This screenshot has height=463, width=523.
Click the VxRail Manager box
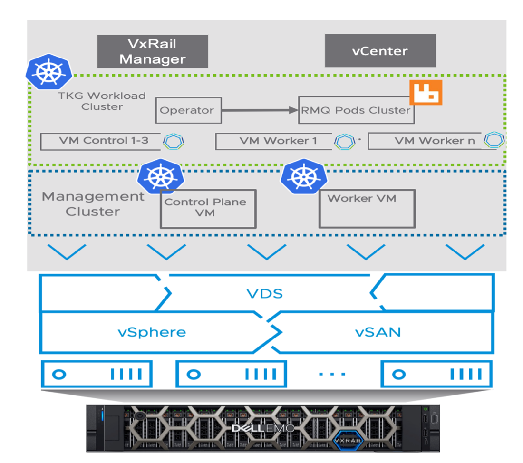153,51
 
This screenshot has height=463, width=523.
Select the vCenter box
380,51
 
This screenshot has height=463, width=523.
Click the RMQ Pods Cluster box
356,110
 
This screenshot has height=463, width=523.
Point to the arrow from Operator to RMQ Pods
260,110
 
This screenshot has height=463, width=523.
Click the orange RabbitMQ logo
426,92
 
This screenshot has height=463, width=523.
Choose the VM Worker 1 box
273,141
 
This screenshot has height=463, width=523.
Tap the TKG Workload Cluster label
102,101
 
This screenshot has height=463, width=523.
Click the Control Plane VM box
208,208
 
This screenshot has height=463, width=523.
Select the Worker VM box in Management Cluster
367,208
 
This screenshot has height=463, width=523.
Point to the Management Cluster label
93,204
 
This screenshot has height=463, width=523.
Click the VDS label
265,293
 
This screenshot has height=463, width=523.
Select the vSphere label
152,332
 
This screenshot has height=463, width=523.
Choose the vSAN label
378,332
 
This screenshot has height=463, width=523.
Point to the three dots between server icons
332,374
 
